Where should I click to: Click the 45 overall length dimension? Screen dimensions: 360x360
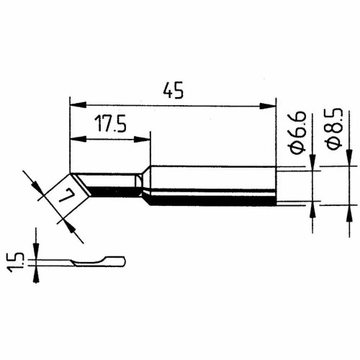pos(173,90)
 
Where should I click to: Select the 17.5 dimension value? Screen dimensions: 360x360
pos(110,124)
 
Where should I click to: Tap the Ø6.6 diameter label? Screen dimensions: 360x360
pos(298,132)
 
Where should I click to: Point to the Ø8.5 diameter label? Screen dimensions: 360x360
pos(334,129)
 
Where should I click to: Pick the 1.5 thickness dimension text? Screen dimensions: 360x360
pos(16,262)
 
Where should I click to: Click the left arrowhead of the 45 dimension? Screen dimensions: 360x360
pos(78,104)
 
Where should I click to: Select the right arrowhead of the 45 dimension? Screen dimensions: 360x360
pos(268,106)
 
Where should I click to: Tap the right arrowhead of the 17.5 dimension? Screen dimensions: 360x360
pos(142,139)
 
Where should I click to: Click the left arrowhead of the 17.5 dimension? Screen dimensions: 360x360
pos(78,139)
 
